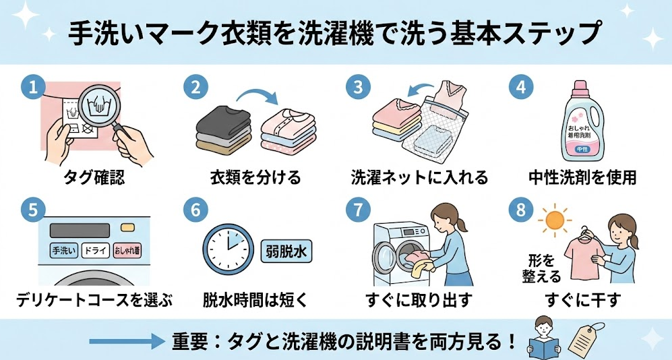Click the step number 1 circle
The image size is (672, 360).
(32, 87)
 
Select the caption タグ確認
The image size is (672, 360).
(94, 177)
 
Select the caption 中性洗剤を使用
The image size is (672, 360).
(582, 177)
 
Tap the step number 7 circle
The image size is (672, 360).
(358, 210)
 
